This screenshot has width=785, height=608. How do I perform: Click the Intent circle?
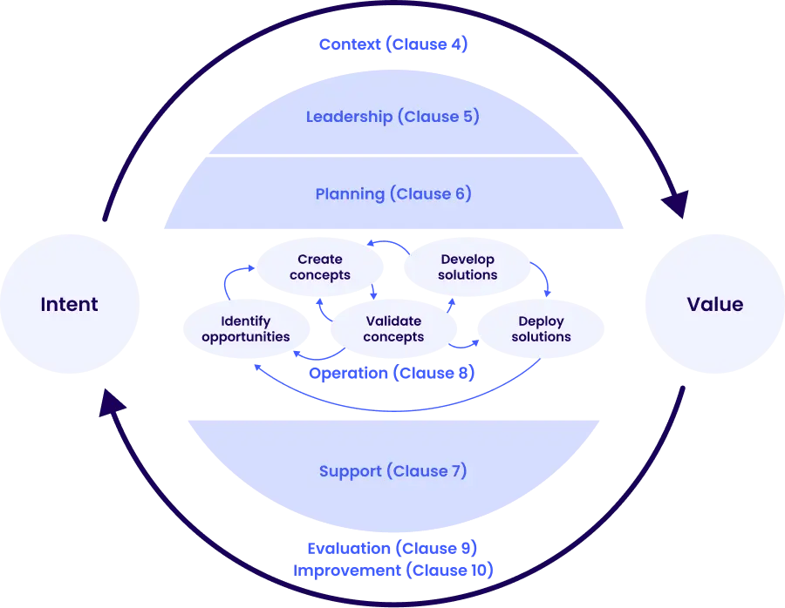[69, 304]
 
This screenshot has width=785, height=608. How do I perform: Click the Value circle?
[714, 304]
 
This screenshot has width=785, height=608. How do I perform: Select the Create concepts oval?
[319, 267]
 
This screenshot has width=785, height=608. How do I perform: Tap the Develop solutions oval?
[468, 267]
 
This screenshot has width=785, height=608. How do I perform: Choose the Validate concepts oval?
[393, 329]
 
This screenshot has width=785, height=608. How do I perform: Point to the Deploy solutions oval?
[541, 329]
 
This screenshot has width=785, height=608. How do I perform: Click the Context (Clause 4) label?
[393, 44]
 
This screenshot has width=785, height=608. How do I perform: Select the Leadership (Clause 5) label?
[392, 117]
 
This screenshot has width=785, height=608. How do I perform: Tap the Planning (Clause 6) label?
[393, 193]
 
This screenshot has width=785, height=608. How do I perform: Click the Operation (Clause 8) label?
[393, 374]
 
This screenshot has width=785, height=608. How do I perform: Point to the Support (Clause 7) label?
[392, 471]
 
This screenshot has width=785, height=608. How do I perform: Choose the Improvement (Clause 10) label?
[392, 571]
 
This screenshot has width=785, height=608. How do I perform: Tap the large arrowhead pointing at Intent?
[112, 403]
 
